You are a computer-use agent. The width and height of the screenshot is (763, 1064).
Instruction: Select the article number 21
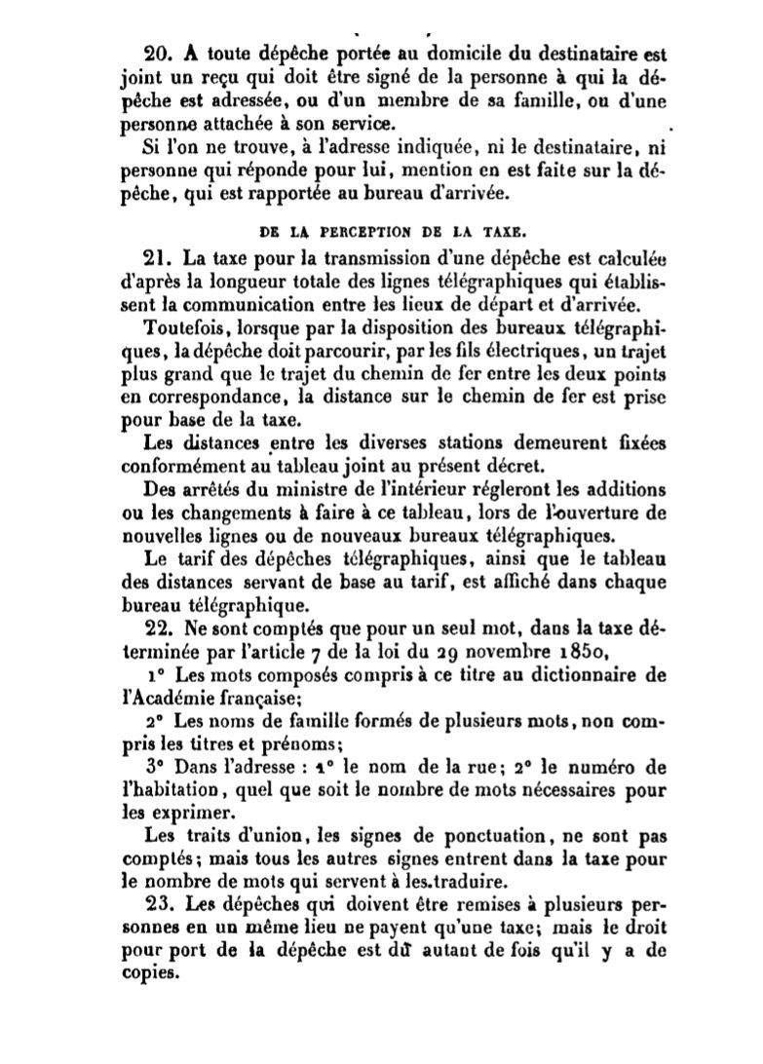pyautogui.click(x=158, y=258)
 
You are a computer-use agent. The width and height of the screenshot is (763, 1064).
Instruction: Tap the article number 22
pyautogui.click(x=158, y=627)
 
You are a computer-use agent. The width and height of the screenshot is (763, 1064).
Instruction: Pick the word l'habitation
pyautogui.click(x=172, y=790)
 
